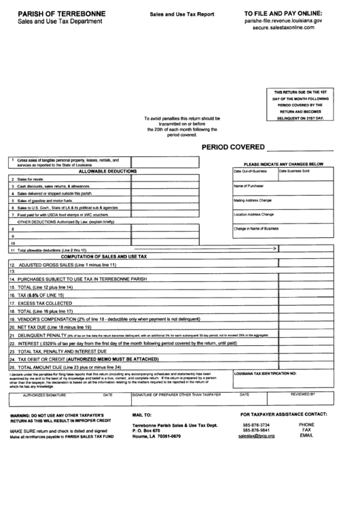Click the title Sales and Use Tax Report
(x=177, y=13)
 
